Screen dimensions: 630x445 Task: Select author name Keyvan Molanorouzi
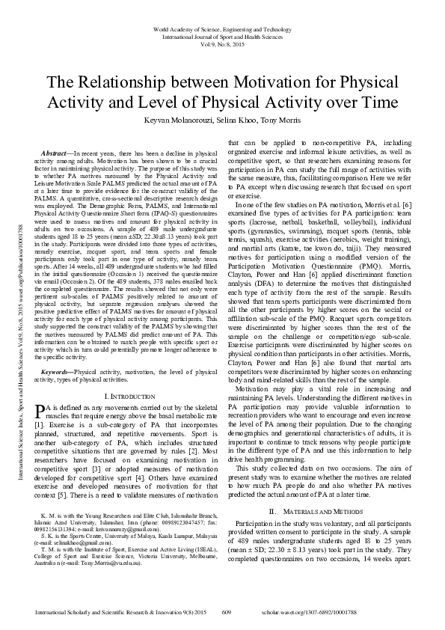click(175, 120)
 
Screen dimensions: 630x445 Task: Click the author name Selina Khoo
click(235, 120)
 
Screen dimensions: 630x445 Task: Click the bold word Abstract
click(63, 152)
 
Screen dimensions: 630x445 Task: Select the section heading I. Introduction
click(131, 395)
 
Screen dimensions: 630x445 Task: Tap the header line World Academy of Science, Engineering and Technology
click(222, 27)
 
